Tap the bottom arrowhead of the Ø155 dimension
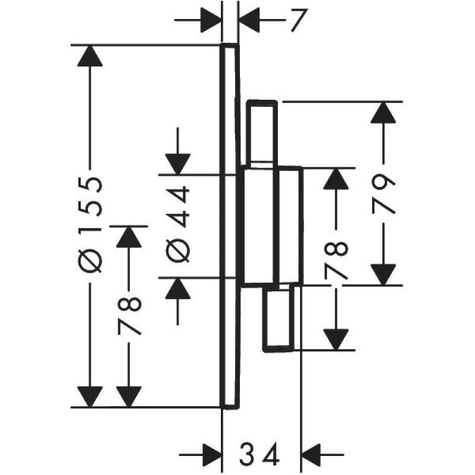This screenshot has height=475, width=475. (90, 397)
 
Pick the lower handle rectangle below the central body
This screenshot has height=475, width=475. (278, 318)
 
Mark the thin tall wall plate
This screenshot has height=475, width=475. (230, 226)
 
